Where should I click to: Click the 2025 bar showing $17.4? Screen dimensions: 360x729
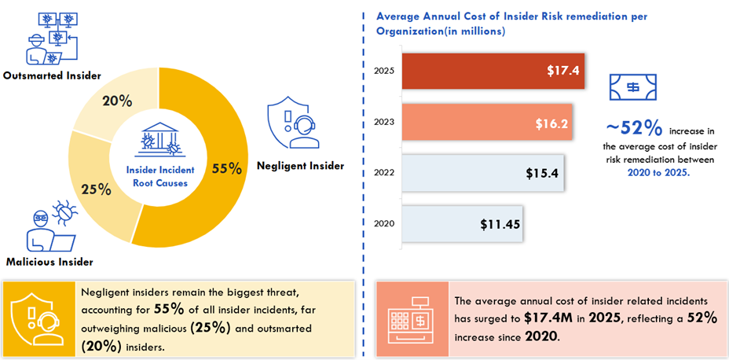[x=493, y=71]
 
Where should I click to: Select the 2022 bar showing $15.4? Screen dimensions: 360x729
[x=482, y=173]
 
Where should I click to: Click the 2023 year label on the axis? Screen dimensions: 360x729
[x=384, y=122]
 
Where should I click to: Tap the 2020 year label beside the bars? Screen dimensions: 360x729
[x=384, y=224]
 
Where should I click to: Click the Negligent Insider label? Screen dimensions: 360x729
[x=301, y=166]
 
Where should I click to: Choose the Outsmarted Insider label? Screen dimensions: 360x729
[x=52, y=76]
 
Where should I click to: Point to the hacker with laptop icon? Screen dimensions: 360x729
[x=49, y=228]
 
